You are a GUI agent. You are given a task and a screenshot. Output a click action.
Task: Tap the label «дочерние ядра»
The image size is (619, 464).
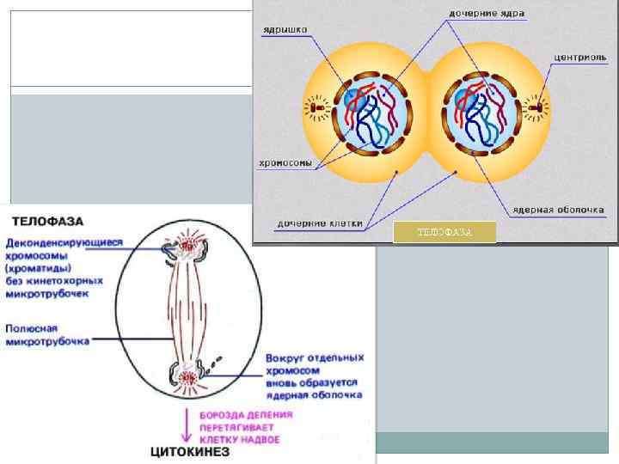[487, 14]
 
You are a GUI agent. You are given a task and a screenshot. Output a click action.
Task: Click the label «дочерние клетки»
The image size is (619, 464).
[319, 223]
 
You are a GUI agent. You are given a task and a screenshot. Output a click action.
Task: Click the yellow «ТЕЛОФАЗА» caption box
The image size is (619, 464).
[444, 232]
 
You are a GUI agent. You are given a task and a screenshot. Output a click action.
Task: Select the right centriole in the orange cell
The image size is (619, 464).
[542, 109]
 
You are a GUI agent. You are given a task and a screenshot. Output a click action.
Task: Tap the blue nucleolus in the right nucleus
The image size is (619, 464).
[465, 100]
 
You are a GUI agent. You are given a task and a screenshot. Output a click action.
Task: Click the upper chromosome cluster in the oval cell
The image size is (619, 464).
[189, 250]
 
